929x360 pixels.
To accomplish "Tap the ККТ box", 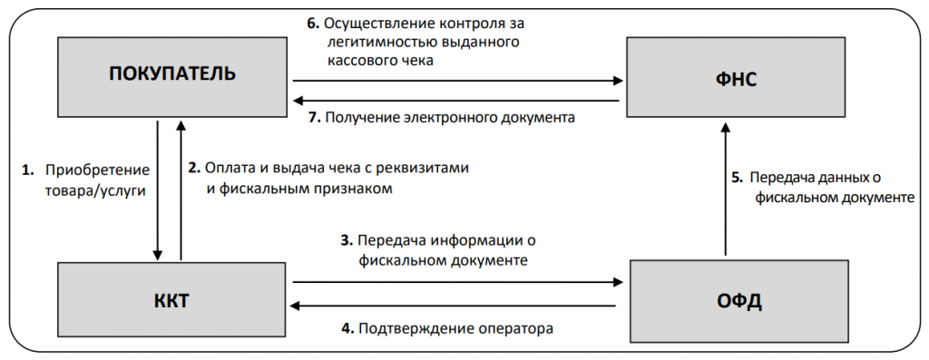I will (171, 300).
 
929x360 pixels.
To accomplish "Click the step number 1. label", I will (27, 170).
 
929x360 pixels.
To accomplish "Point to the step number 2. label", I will (193, 168).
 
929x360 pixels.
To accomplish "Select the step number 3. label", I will (346, 241).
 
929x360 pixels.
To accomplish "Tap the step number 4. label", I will (347, 327).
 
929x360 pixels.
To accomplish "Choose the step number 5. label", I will (737, 177).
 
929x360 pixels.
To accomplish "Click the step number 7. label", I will (313, 117).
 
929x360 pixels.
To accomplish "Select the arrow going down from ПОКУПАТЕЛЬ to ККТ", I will (159, 190).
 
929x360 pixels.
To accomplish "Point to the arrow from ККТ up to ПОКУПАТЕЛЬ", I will (181, 190).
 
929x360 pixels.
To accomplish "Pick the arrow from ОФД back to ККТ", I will (454, 306).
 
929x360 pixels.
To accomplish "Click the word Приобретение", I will (96, 170).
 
